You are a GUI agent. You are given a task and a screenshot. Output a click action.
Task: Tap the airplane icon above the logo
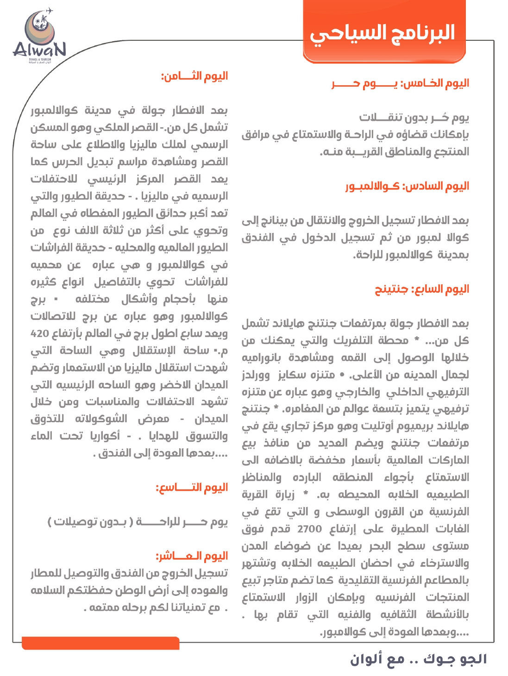coord(49,10)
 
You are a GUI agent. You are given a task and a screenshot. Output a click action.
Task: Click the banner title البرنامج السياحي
coord(383,33)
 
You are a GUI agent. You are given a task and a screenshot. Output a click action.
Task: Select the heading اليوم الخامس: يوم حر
coord(401,83)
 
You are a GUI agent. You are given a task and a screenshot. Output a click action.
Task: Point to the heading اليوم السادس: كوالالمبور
coord(407,186)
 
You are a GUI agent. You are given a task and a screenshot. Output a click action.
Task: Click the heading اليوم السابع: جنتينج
coord(422,289)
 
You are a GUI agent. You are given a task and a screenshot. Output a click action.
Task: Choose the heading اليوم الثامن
coord(194,76)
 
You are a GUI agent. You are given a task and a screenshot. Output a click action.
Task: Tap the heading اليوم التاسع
coord(192,488)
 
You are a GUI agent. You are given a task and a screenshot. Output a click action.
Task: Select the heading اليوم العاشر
coord(192,556)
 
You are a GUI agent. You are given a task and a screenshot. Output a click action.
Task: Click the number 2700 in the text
coord(309,529)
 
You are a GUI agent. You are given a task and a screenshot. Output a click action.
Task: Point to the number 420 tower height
coord(40,333)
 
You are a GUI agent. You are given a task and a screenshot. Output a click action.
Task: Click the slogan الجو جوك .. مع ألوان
coord(418,659)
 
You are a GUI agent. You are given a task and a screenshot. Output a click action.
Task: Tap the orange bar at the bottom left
coord(100,643)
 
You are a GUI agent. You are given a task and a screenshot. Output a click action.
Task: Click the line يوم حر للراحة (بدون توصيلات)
coord(138,522)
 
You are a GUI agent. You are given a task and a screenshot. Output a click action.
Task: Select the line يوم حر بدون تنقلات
coord(414,118)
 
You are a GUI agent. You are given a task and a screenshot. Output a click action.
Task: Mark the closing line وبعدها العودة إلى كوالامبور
coord(394,632)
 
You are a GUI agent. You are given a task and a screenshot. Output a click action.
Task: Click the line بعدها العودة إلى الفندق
coord(160,453)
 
